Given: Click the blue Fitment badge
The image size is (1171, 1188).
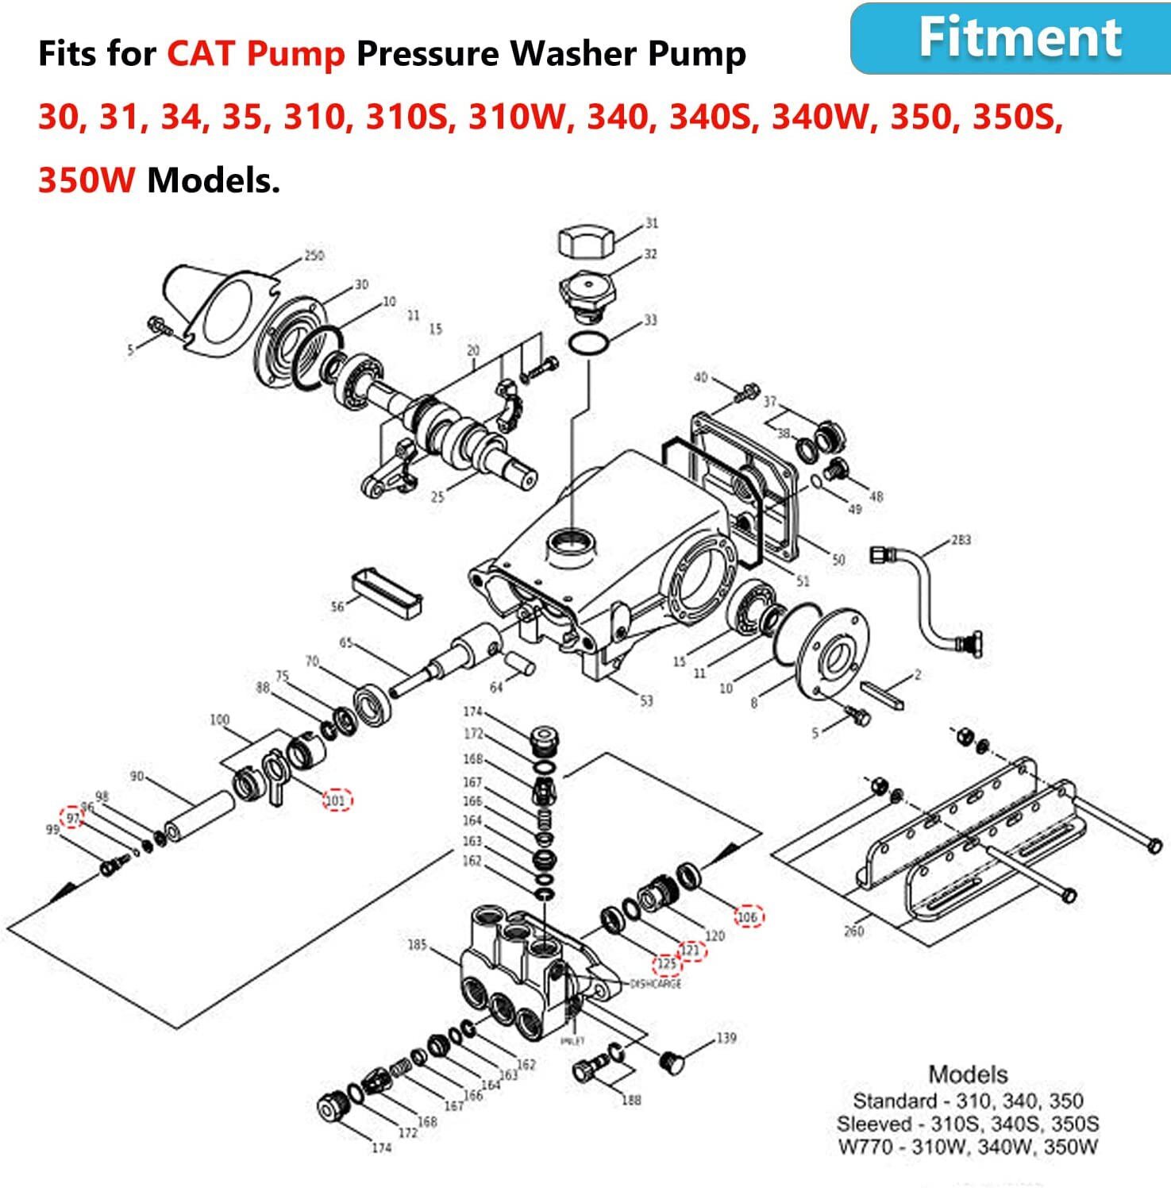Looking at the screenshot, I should pos(1010,38).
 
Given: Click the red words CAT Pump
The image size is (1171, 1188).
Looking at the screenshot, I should pos(256,54).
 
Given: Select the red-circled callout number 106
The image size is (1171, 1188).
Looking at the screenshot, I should pos(748,916).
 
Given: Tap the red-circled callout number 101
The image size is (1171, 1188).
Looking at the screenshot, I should pos(337,800).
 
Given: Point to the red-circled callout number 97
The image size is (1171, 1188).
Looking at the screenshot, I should pos(72,817).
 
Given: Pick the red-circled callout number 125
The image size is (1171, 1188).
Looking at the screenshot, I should pos(667,964).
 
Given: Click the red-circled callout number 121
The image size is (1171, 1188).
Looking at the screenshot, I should pos(691,950).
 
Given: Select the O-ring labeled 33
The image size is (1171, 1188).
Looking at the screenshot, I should pos(588,345).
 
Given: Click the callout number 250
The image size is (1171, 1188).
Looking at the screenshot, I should pos(314,256).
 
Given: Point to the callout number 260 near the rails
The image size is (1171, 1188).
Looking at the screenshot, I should pos(853,931).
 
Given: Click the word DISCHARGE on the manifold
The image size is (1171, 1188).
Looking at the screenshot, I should pos(655,984).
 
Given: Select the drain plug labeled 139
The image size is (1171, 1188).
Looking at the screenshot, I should pos(672,1063).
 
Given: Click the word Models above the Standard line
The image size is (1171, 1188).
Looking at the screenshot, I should pos(968,1074).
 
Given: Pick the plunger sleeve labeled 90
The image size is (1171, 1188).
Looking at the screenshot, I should pos(199,819).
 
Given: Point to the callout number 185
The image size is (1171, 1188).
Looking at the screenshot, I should pos(417,945).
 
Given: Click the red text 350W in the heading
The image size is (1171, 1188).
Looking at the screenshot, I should pos(86,181).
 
